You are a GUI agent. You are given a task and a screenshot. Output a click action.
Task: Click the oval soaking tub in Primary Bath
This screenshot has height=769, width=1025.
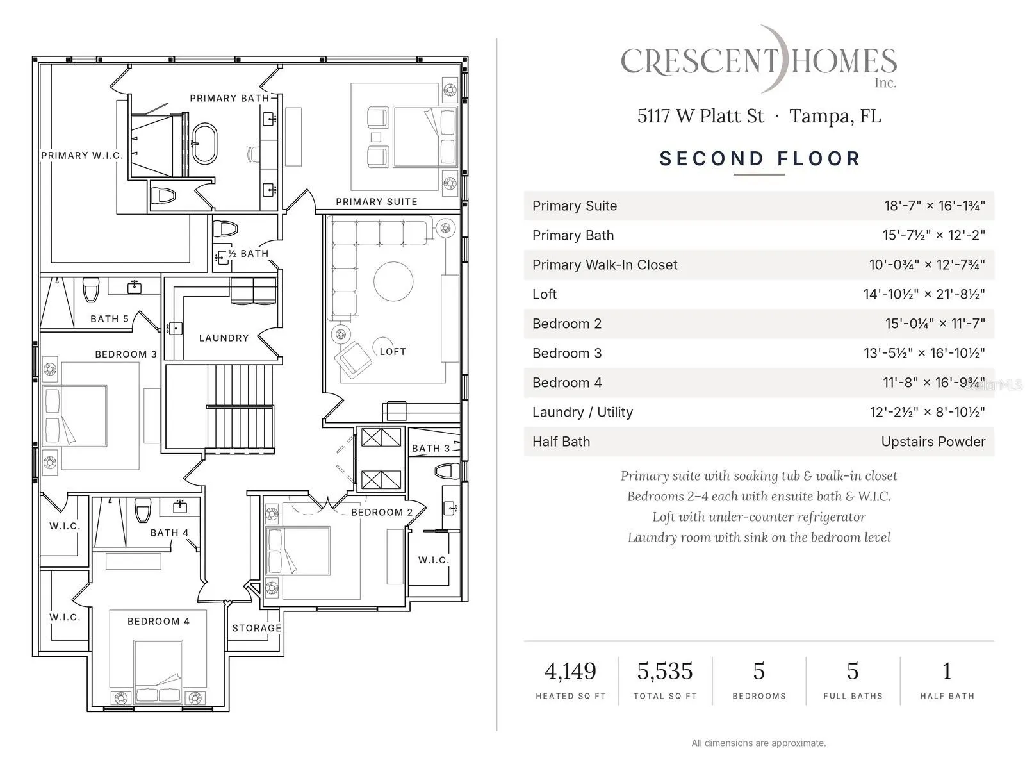coord(205,144)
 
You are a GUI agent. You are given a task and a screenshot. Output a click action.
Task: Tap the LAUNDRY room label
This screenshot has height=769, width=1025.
coord(224,338)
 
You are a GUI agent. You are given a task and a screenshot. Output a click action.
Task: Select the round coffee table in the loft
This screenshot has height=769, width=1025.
coord(393,281)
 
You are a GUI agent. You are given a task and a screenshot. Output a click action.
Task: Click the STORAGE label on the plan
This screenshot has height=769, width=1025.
coord(256,628)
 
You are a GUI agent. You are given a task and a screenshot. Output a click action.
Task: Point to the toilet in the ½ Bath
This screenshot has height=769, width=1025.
coord(225,229)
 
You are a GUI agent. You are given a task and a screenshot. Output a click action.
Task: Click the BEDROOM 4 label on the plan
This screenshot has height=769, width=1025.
coord(158,621)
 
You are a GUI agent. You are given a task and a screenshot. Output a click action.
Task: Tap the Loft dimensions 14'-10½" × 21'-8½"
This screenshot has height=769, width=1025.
coord(924,294)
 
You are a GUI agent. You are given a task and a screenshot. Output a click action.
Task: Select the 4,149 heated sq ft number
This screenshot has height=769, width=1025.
coord(570,671)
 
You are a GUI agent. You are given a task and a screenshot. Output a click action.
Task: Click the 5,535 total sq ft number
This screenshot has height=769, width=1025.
coord(665,671)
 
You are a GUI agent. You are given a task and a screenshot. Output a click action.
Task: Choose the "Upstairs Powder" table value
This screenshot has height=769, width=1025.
coord(933,442)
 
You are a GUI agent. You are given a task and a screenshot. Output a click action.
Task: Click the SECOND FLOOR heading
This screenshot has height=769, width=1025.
coord(759,159)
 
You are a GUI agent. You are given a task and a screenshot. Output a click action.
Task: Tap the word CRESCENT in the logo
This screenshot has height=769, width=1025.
coord(700,62)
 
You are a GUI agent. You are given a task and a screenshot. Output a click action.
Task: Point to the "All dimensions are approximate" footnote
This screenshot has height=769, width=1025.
coord(758,743)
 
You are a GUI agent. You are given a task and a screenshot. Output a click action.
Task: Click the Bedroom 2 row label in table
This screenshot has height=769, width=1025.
coord(567,324)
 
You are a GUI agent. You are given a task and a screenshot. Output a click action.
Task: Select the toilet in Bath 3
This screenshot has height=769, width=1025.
coord(447,471)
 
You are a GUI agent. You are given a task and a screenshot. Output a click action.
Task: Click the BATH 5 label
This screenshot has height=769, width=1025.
coord(110,319)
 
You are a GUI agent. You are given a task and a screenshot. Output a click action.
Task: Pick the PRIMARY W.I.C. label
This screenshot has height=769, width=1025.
coord(82,156)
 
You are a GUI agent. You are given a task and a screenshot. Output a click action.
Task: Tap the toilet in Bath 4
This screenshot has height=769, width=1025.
coord(143,510)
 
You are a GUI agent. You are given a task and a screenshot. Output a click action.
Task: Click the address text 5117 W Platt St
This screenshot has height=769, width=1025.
coord(700,116)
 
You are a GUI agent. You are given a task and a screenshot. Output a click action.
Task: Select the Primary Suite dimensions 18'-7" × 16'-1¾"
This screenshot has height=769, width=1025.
coord(935,206)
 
